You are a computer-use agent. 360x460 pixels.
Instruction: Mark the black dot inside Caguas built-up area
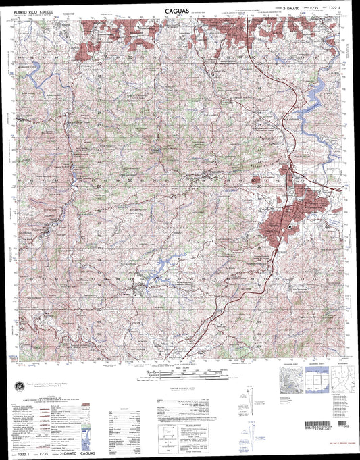point(290,228)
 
